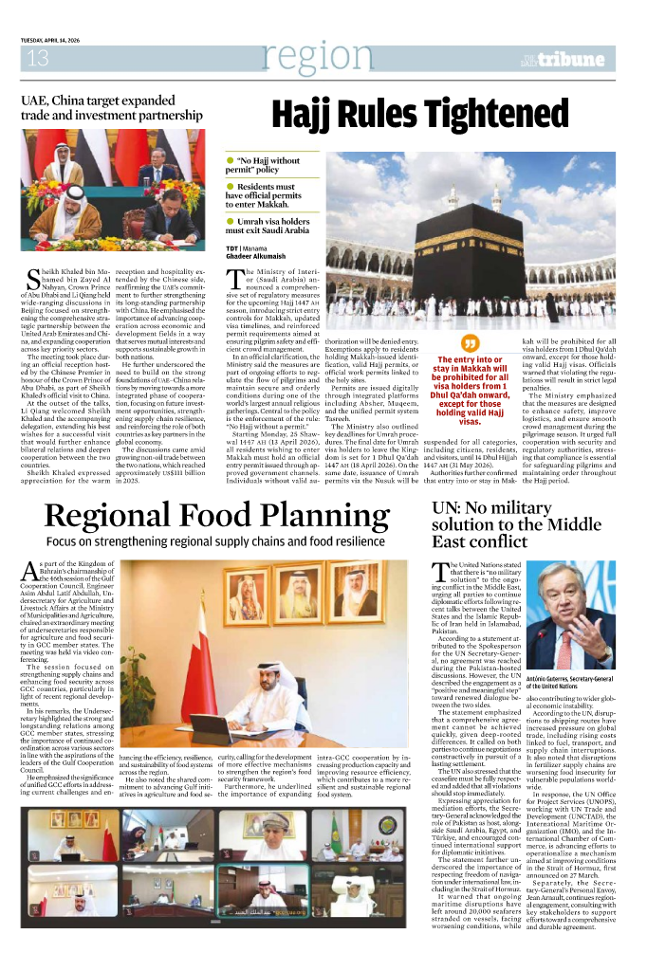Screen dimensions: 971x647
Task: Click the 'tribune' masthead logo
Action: (x=573, y=61)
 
